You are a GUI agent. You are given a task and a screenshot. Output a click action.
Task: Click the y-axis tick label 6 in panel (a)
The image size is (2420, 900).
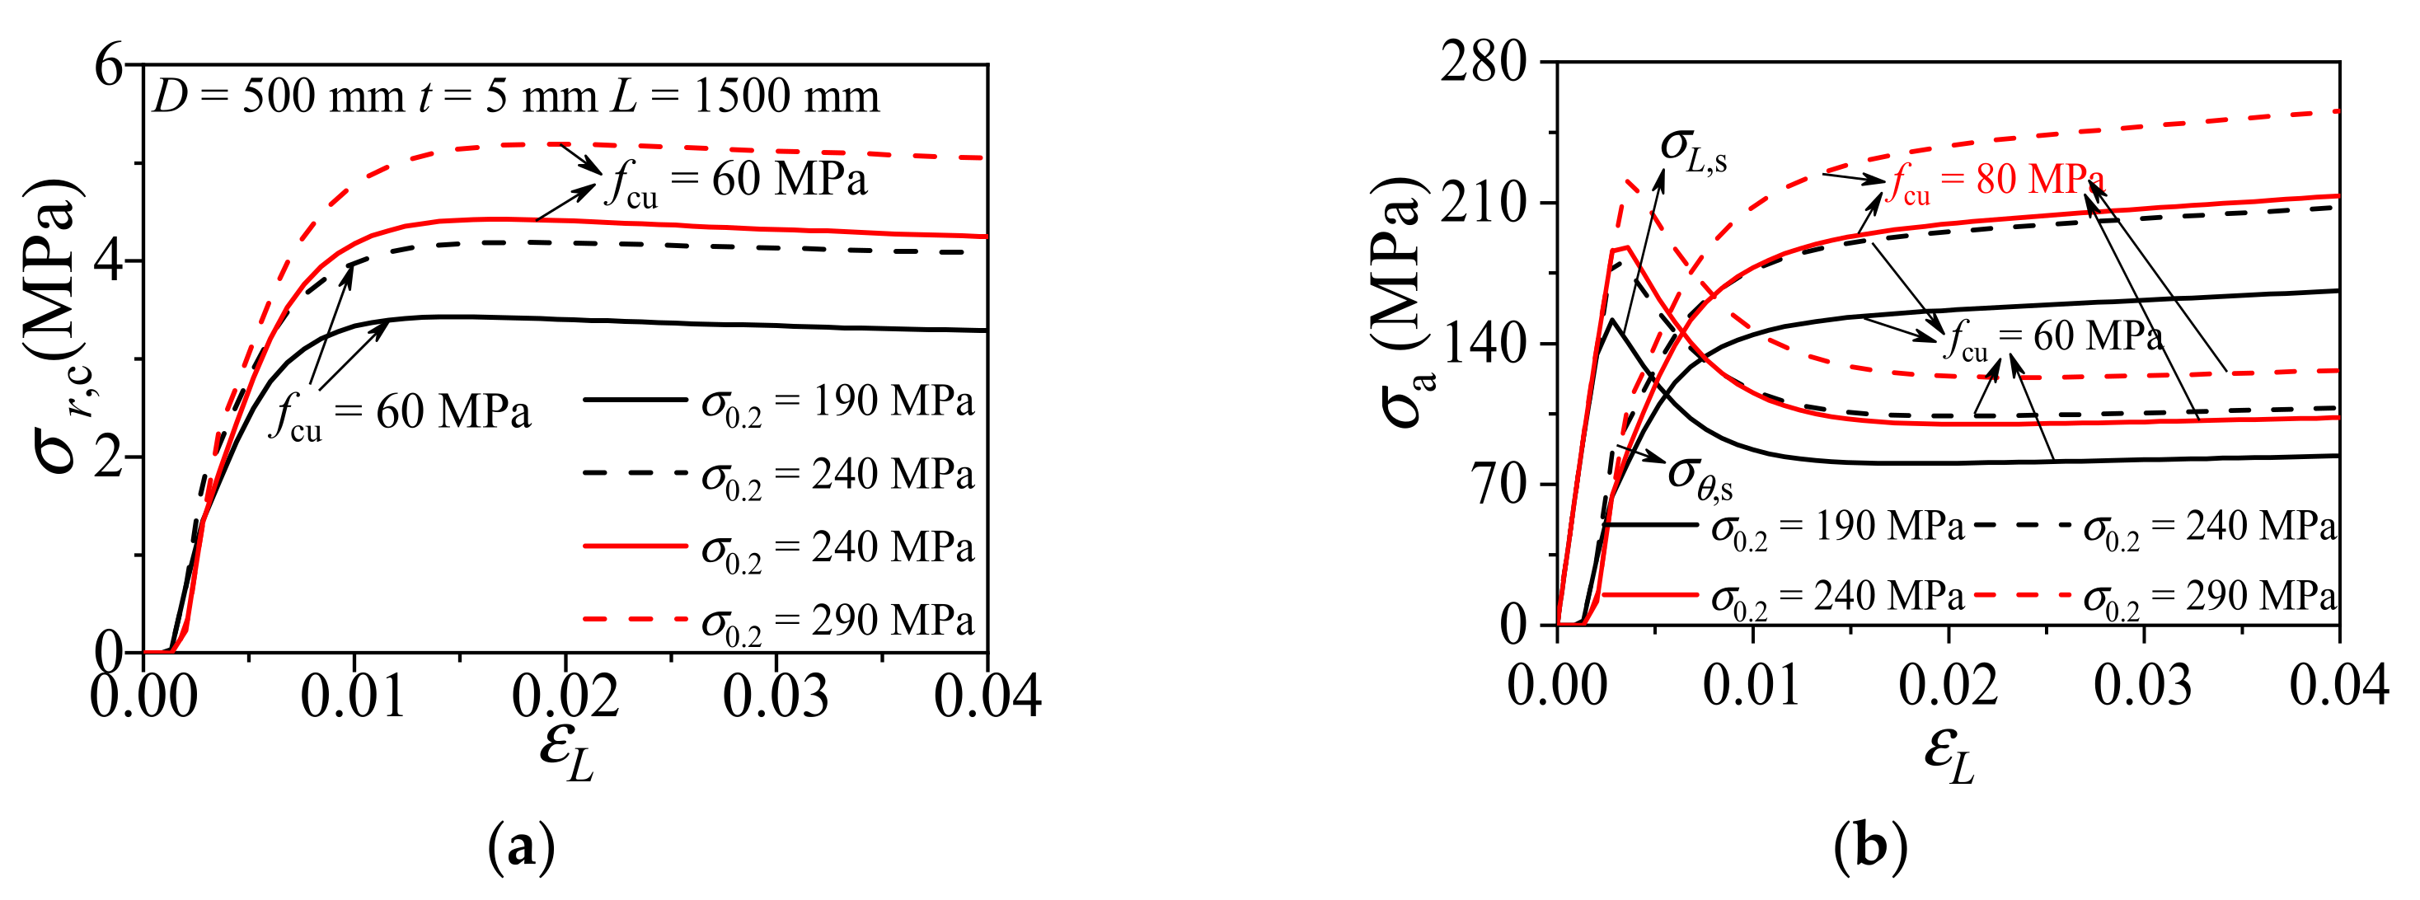pos(110,68)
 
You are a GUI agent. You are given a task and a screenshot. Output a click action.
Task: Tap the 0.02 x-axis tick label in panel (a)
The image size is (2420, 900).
pos(565,697)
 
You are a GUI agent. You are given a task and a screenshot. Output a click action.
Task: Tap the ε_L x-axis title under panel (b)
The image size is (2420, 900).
pos(1950,757)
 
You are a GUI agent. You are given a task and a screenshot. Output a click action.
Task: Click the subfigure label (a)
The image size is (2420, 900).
pos(523,848)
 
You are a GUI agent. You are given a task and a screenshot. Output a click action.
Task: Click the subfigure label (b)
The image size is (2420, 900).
pos(1869,848)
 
